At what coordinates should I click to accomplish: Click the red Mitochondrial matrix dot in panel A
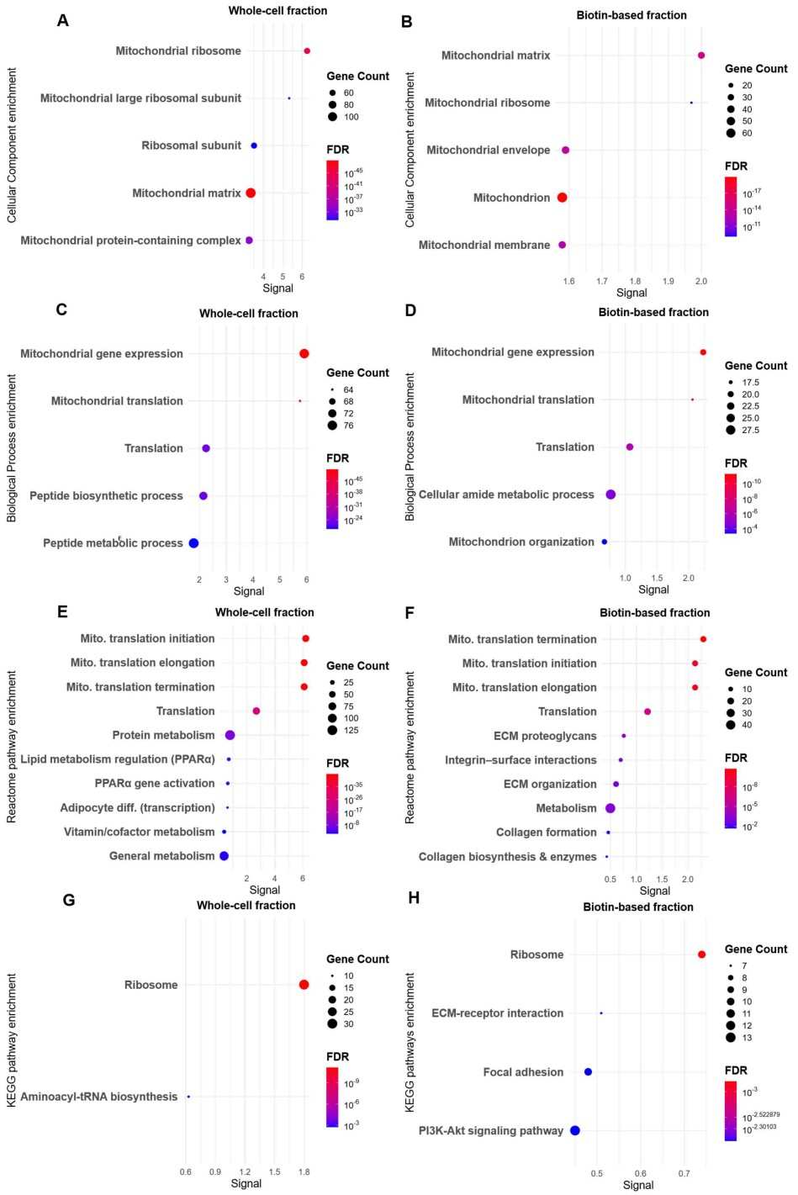pyautogui.click(x=251, y=193)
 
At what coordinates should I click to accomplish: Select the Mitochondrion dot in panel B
pyautogui.click(x=562, y=198)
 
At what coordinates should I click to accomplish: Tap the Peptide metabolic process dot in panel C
pyautogui.click(x=193, y=543)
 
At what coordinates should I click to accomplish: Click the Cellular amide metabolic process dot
pyautogui.click(x=610, y=494)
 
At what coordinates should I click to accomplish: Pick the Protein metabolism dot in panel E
pyautogui.click(x=230, y=735)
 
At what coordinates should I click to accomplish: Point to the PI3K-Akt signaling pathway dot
pyautogui.click(x=575, y=1131)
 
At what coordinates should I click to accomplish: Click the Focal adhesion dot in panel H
pyautogui.click(x=588, y=1072)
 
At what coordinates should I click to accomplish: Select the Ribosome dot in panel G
pyautogui.click(x=304, y=985)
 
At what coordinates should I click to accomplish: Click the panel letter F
pyautogui.click(x=410, y=613)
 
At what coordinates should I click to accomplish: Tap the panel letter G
pyautogui.click(x=69, y=901)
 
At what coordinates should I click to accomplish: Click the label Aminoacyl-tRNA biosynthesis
pyautogui.click(x=99, y=1097)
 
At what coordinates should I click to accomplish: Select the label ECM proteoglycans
pyautogui.click(x=545, y=736)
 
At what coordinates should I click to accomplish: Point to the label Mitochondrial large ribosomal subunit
pyautogui.click(x=140, y=98)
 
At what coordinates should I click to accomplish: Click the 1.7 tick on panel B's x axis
pyautogui.click(x=602, y=281)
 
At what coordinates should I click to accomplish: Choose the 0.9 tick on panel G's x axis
pyautogui.click(x=215, y=1171)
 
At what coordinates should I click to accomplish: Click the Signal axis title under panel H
pyautogui.click(x=638, y=1185)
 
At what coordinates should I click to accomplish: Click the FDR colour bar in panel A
pyautogui.click(x=332, y=190)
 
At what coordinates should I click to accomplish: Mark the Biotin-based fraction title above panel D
pyautogui.click(x=653, y=312)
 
